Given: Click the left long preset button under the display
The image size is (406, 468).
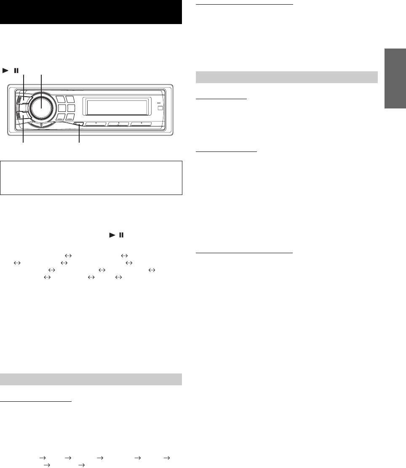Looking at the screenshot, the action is [96, 124].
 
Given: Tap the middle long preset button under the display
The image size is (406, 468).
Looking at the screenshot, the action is [118, 124].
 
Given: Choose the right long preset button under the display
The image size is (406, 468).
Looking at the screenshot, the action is [142, 124].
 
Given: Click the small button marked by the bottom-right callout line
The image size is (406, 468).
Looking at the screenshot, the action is [79, 124].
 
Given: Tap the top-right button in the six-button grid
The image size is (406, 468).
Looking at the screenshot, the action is [71, 100].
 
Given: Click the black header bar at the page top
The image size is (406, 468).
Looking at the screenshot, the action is [91, 12].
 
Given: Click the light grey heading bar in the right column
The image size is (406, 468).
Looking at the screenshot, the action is [287, 78].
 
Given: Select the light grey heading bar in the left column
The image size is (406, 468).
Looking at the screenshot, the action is [91, 379].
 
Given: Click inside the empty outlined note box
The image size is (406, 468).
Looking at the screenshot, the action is [91, 177].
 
